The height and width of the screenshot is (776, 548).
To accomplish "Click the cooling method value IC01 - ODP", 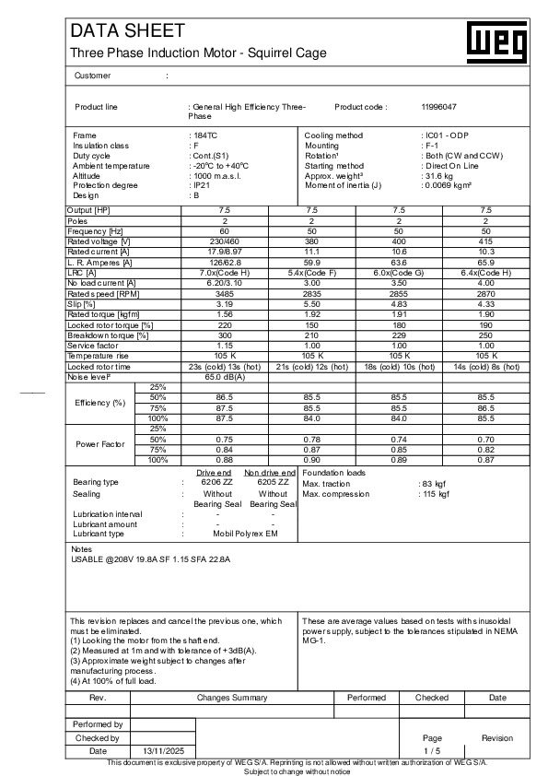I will click(x=446, y=135).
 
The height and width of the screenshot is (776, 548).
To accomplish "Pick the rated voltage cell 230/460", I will click(x=224, y=241).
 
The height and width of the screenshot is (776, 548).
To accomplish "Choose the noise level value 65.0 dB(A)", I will click(x=224, y=376).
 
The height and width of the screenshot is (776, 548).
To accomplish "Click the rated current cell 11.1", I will click(x=311, y=251).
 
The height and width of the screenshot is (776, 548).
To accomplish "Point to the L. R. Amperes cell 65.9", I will click(x=486, y=261).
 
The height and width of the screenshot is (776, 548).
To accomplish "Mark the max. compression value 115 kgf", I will click(x=435, y=494).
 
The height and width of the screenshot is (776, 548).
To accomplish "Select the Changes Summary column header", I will click(x=232, y=698).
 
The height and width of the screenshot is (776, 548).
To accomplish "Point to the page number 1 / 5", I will click(x=432, y=751).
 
